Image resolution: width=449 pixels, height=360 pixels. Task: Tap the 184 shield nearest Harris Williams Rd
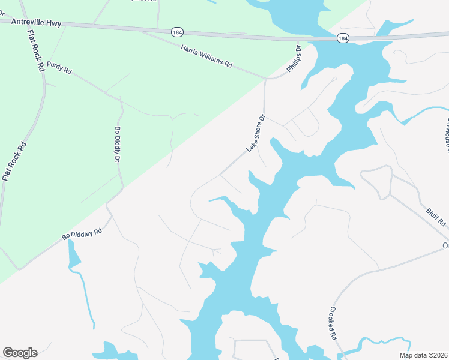176,31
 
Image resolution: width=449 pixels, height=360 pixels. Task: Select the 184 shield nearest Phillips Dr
342,38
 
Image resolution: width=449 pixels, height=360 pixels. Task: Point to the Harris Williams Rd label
206,56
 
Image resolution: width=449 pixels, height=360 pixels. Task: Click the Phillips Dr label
293,58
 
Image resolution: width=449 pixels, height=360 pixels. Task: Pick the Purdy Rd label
59,67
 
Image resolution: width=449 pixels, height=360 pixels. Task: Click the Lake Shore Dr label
255,134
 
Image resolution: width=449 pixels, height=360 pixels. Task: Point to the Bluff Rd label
436,217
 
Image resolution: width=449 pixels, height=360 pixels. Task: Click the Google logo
20,353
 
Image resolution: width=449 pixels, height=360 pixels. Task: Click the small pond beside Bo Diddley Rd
74,256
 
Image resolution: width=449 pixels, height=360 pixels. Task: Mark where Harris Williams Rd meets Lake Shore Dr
265,78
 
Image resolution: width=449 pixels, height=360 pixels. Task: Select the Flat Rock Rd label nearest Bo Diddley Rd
14,161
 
